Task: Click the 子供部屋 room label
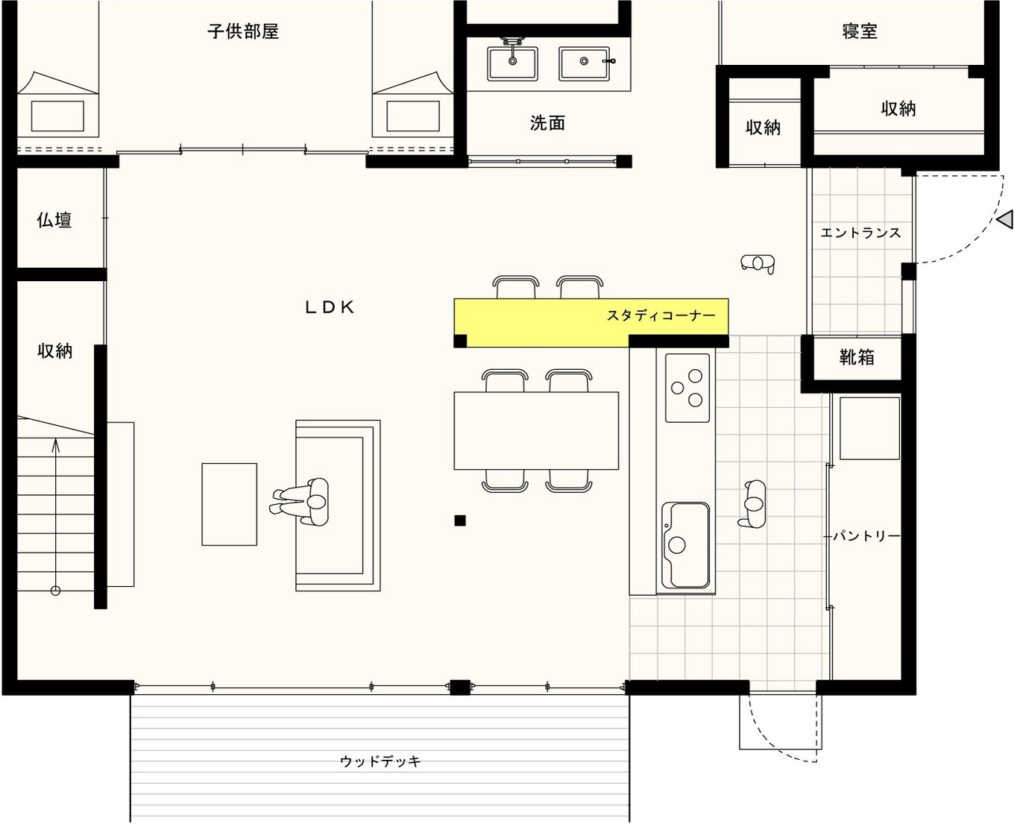(243, 31)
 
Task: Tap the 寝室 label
(859, 31)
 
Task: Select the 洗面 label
(547, 123)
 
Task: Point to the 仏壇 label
(54, 220)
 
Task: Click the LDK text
(330, 307)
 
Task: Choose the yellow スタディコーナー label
(661, 315)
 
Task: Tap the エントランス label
(860, 233)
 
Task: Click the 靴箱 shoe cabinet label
(857, 357)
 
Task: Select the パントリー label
(866, 536)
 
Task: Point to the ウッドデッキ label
(380, 761)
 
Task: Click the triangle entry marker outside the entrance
(1004, 219)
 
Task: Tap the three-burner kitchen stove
(687, 388)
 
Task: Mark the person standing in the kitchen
(752, 503)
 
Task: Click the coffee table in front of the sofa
(229, 504)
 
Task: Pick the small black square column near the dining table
(460, 520)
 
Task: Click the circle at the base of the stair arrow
(56, 591)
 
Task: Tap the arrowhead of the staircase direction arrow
(56, 444)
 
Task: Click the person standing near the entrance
(758, 263)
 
